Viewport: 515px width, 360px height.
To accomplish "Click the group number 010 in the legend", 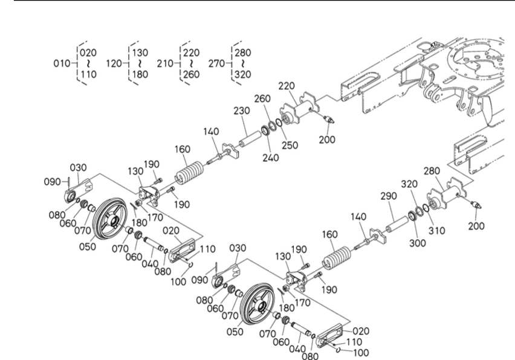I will [62, 63].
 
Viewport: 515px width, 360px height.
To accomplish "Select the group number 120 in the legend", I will [114, 63].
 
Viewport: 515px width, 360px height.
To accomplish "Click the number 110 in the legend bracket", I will [88, 74].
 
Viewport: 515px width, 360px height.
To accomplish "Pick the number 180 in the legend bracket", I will [140, 74].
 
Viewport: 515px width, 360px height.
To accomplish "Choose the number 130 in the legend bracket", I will [140, 53].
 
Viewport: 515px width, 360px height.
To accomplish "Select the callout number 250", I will [289, 146].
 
